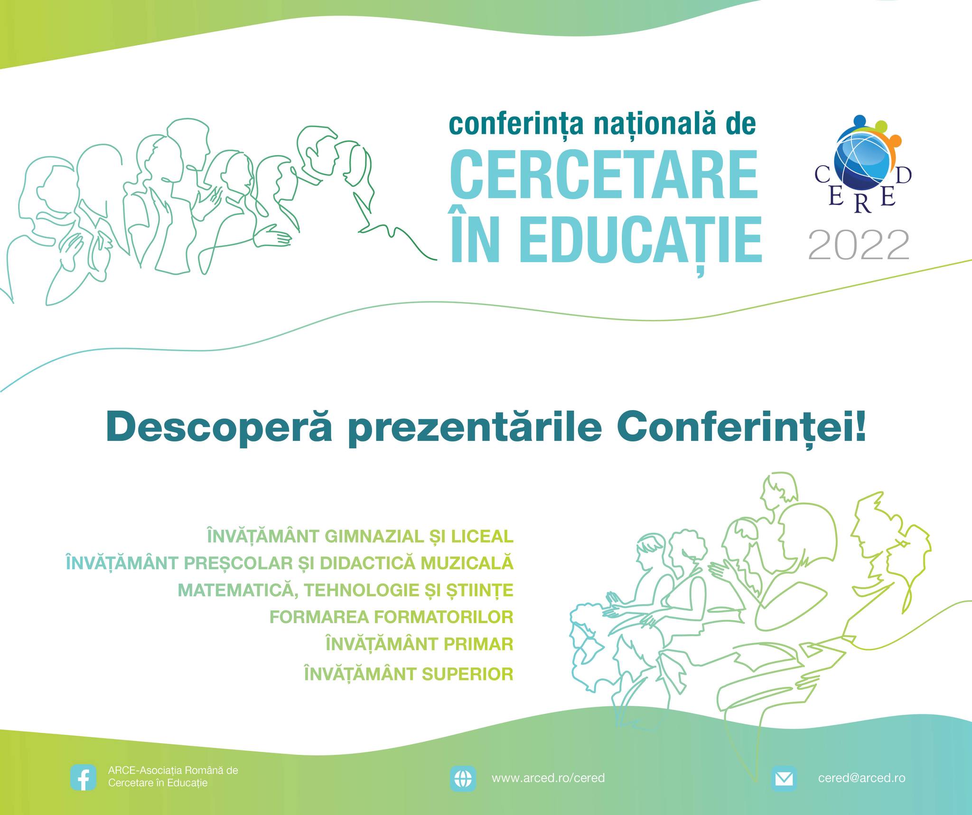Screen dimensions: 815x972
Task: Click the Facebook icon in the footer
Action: (83, 778)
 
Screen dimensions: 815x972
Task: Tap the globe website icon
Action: (463, 778)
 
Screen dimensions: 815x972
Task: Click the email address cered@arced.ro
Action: (861, 778)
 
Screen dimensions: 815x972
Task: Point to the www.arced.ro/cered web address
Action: (548, 778)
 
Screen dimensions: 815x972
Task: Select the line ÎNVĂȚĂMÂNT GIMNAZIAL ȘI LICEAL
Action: (360, 536)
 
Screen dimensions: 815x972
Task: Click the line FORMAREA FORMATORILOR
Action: (392, 617)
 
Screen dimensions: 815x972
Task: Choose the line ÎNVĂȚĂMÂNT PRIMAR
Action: (420, 644)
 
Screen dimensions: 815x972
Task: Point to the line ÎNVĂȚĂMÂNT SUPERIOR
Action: (409, 674)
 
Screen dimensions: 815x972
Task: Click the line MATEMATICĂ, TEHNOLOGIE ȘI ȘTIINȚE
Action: (346, 590)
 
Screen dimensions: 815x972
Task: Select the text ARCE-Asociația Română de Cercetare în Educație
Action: (173, 777)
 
